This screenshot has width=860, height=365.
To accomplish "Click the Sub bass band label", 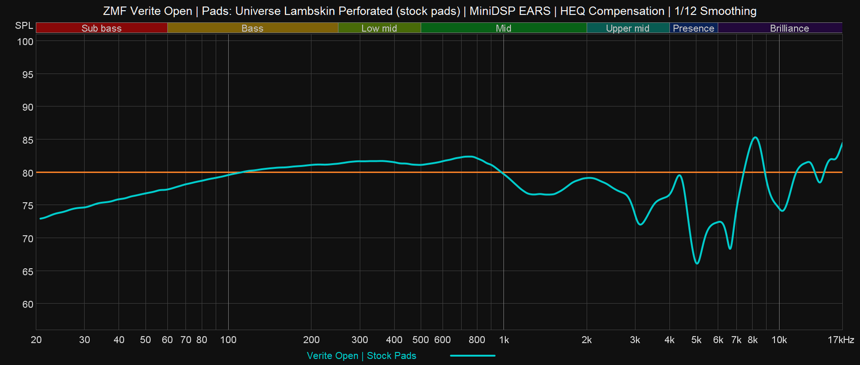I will click(101, 28).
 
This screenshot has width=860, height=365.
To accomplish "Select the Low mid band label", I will click(379, 28).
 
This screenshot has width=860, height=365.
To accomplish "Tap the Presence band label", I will click(693, 28).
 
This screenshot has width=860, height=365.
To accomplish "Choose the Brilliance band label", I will click(789, 28).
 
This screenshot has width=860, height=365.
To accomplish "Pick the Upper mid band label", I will click(627, 28).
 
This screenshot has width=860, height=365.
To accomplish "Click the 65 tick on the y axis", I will click(27, 271).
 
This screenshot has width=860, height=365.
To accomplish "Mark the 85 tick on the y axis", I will click(27, 140).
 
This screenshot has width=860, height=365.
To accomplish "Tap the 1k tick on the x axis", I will click(504, 340).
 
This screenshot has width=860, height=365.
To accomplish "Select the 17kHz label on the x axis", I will click(841, 340).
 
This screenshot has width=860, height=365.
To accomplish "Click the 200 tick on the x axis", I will click(311, 340).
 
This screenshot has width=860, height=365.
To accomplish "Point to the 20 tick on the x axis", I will click(36, 340).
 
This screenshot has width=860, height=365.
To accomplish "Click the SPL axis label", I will click(24, 26).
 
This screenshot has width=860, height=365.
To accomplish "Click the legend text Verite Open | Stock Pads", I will click(361, 356).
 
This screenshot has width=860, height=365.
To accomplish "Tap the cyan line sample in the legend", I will click(472, 355).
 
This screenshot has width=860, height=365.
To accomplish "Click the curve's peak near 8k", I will click(755, 138).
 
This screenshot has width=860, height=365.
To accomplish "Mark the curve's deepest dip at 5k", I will click(697, 263).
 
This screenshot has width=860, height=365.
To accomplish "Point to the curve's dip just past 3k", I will click(640, 224).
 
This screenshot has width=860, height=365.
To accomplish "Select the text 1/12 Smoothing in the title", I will click(715, 11).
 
